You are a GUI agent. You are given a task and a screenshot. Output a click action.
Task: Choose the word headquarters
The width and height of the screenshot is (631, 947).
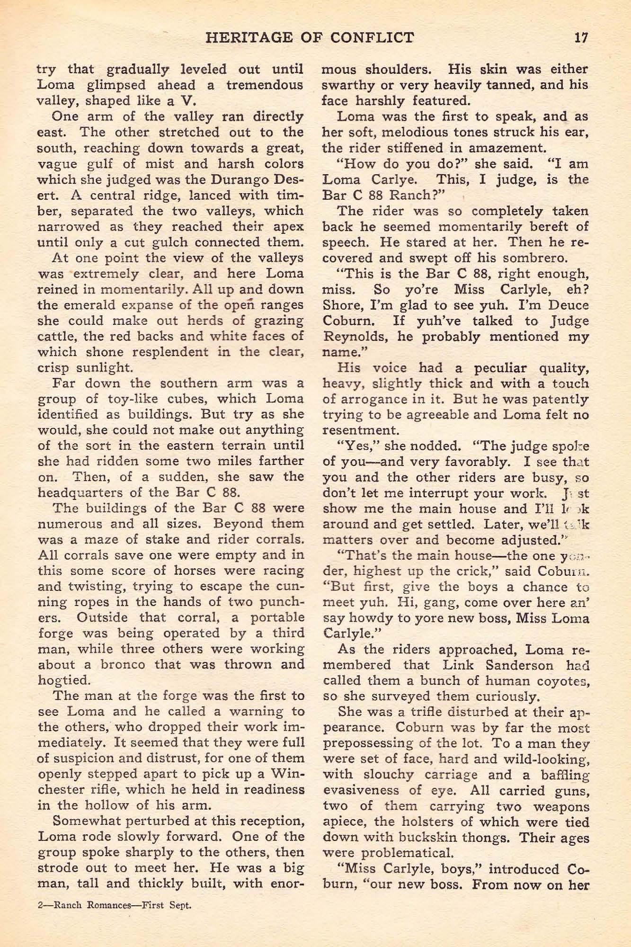87,492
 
